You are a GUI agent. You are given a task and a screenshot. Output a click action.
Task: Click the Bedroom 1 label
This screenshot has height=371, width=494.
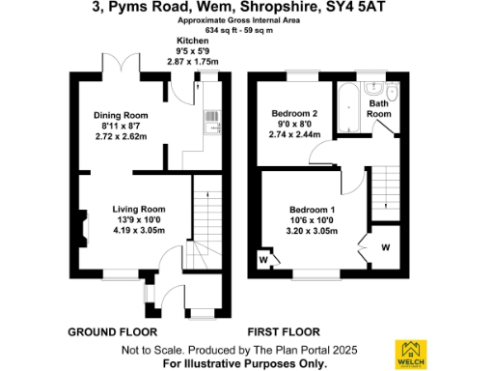[313, 210]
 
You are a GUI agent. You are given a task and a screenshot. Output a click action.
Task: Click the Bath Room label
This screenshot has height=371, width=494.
[378, 107]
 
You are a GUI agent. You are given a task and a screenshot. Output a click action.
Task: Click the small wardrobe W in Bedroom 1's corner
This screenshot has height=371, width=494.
[263, 258]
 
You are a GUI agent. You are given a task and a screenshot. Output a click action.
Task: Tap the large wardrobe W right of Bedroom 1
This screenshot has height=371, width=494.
[385, 246]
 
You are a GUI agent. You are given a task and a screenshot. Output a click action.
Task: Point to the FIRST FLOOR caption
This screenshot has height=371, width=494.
[281, 331]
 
